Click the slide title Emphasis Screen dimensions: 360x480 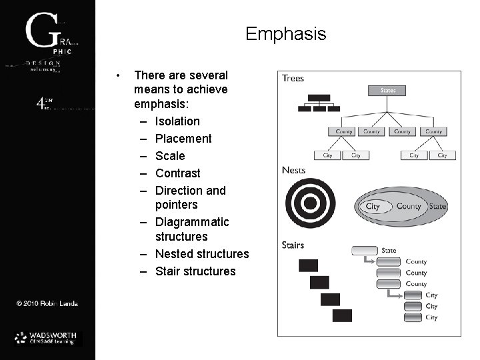click(285, 33)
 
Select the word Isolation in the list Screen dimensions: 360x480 click(177, 121)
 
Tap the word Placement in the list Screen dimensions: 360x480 click(183, 139)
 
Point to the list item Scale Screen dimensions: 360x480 click(170, 156)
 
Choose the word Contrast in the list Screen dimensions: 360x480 click(178, 173)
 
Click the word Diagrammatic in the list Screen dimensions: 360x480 click(192, 221)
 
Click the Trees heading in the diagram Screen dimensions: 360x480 click(293, 78)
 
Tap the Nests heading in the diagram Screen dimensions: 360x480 click(294, 170)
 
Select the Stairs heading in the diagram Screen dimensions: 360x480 click(294, 245)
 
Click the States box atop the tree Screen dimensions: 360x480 click(387, 90)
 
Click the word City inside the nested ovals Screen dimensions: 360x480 click(373, 207)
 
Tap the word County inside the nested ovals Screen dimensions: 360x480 click(408, 207)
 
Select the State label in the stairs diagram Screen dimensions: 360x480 click(389, 251)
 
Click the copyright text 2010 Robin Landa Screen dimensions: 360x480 click(47, 304)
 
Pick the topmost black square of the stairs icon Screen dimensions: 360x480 click(308, 265)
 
